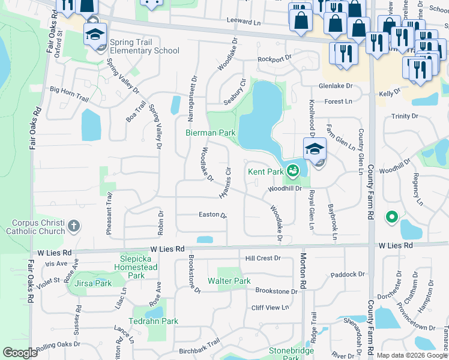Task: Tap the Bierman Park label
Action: click(x=210, y=132)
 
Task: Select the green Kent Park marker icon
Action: click(x=292, y=172)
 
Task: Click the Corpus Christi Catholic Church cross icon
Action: click(x=73, y=226)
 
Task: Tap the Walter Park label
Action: click(x=229, y=281)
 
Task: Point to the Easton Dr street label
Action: click(x=212, y=215)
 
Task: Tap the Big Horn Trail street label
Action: click(x=70, y=90)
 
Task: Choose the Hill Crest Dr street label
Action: click(x=263, y=258)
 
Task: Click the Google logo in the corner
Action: click(x=20, y=353)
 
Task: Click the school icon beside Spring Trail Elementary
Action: click(x=95, y=34)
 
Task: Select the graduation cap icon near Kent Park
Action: click(x=315, y=149)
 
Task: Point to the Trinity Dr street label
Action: click(x=405, y=116)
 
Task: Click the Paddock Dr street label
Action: click(x=348, y=275)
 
